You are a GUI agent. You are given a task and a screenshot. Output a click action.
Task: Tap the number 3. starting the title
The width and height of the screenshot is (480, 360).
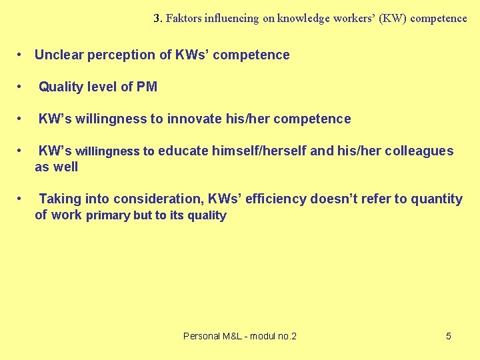pos(158,19)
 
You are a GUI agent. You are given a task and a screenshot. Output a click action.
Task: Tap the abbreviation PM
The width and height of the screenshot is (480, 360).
pos(147,87)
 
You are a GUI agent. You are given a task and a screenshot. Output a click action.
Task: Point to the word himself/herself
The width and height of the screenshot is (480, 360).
pos(259,151)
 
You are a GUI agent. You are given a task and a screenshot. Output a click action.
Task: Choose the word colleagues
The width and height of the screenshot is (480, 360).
pos(417,151)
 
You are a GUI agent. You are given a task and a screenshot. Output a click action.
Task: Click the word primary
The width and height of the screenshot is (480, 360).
pos(108,215)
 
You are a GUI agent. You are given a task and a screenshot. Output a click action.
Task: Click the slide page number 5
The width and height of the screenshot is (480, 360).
pos(449,336)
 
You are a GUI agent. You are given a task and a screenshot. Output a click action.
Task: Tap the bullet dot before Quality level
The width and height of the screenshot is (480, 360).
pos(22,87)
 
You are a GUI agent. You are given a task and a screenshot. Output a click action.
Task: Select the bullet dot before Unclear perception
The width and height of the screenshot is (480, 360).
pos(22,55)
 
